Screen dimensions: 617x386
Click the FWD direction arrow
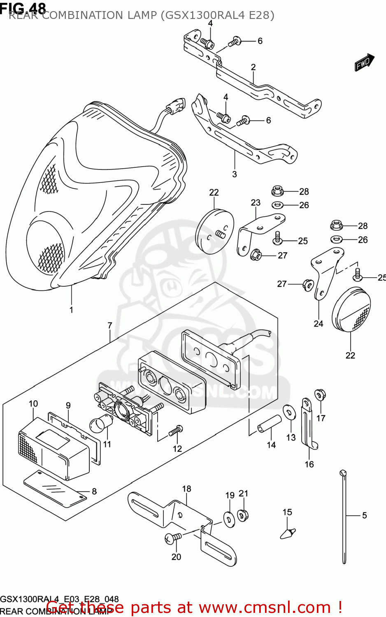click(x=364, y=63)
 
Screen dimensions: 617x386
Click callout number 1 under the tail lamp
click(x=71, y=310)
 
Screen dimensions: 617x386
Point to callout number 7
click(x=110, y=325)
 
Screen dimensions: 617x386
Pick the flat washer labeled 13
click(x=289, y=413)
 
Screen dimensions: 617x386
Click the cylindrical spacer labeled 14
click(x=270, y=424)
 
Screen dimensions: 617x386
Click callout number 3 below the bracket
click(x=235, y=174)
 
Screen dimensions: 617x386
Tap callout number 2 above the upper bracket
click(x=253, y=67)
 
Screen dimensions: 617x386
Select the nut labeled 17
click(x=320, y=395)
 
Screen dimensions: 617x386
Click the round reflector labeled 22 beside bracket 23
click(x=214, y=232)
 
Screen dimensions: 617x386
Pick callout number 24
click(x=319, y=324)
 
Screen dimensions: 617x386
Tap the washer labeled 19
click(x=229, y=518)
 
